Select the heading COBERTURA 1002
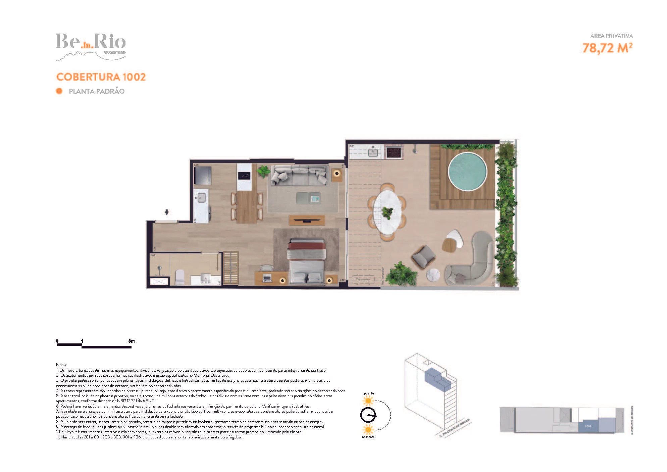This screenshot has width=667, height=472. (101, 77)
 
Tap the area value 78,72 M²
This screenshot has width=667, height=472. (607, 48)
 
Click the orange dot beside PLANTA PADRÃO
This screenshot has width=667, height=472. (59, 91)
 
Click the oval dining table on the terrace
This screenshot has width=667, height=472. (388, 211)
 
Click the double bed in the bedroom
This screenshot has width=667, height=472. (307, 262)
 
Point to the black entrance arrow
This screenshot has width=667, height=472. (167, 212)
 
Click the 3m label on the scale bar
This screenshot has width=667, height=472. (131, 341)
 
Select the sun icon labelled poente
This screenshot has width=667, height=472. (368, 401)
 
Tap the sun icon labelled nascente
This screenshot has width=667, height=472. (368, 430)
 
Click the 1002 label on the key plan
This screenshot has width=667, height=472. (588, 426)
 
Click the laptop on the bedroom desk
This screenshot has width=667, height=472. (267, 278)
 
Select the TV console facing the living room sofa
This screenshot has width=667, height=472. (307, 220)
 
